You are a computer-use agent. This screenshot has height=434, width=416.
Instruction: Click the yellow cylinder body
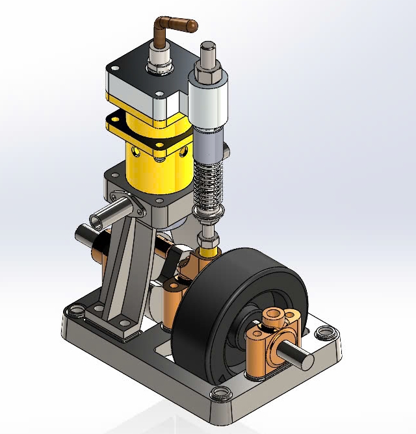(159, 169)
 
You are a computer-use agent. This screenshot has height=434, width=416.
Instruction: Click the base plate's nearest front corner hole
(219, 392)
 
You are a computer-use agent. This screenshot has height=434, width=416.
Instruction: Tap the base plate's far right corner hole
(324, 334)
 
